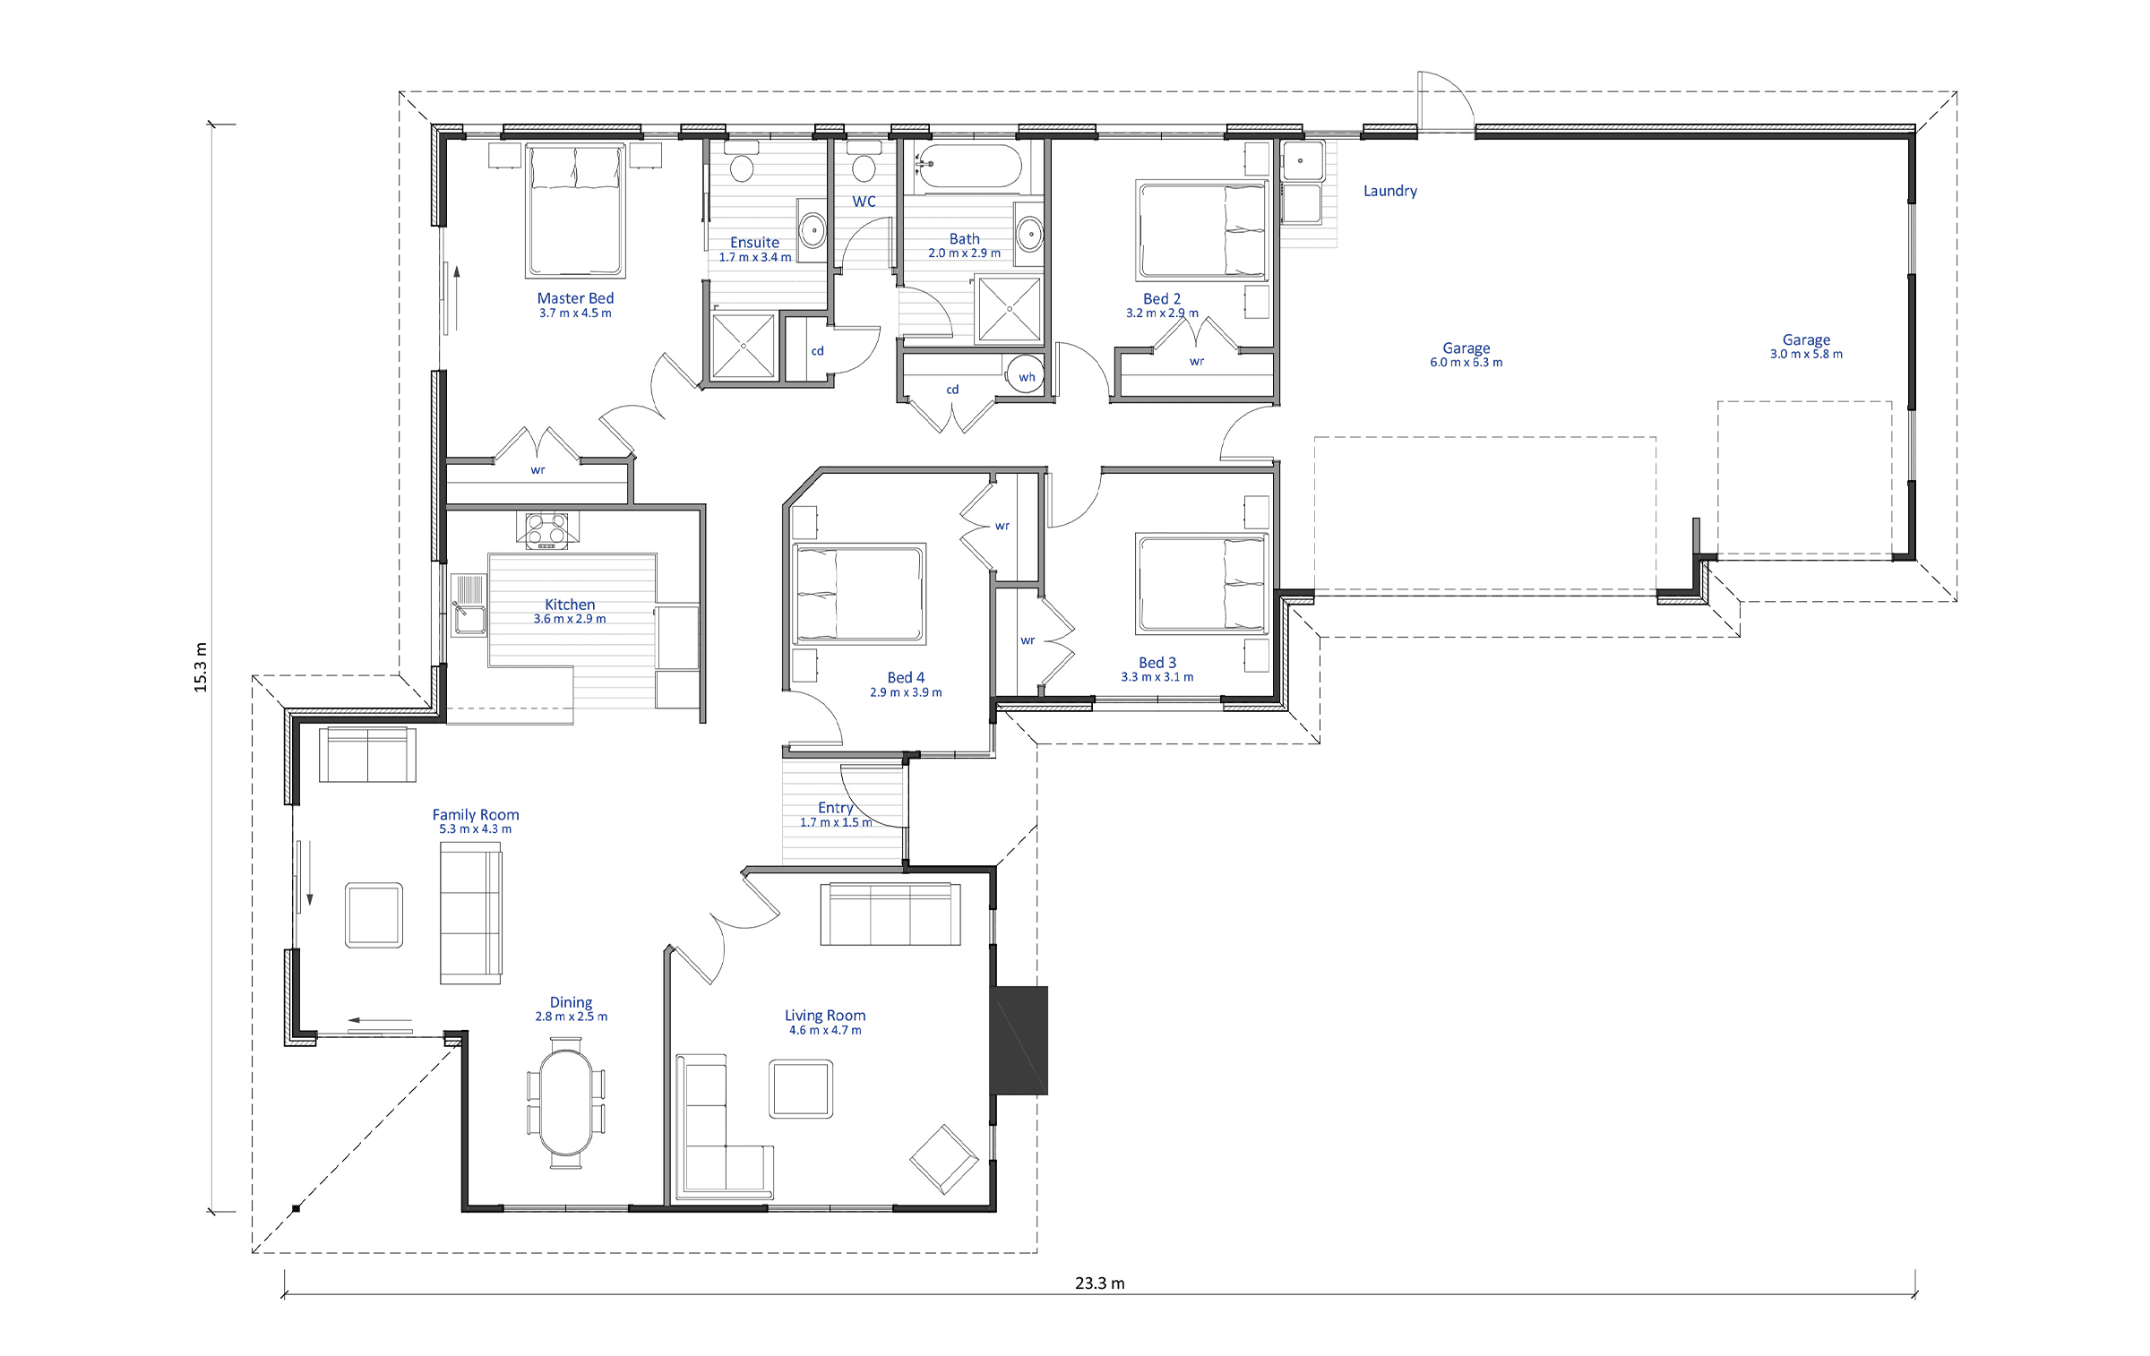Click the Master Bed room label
[575, 298]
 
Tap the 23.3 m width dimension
[1099, 1283]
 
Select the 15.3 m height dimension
[201, 667]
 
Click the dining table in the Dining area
[565, 1103]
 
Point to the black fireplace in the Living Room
[1019, 1041]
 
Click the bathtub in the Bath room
[967, 167]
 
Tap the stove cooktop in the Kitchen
[546, 529]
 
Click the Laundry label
[1389, 191]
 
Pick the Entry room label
[835, 808]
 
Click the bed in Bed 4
[858, 593]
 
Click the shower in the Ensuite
[743, 345]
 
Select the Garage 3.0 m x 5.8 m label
[1806, 347]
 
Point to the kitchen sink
[468, 604]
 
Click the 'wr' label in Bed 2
[1197, 362]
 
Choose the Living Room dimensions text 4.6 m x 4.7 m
[825, 1030]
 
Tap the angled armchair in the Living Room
[943, 1159]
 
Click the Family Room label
[475, 814]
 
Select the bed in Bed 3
[1201, 583]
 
